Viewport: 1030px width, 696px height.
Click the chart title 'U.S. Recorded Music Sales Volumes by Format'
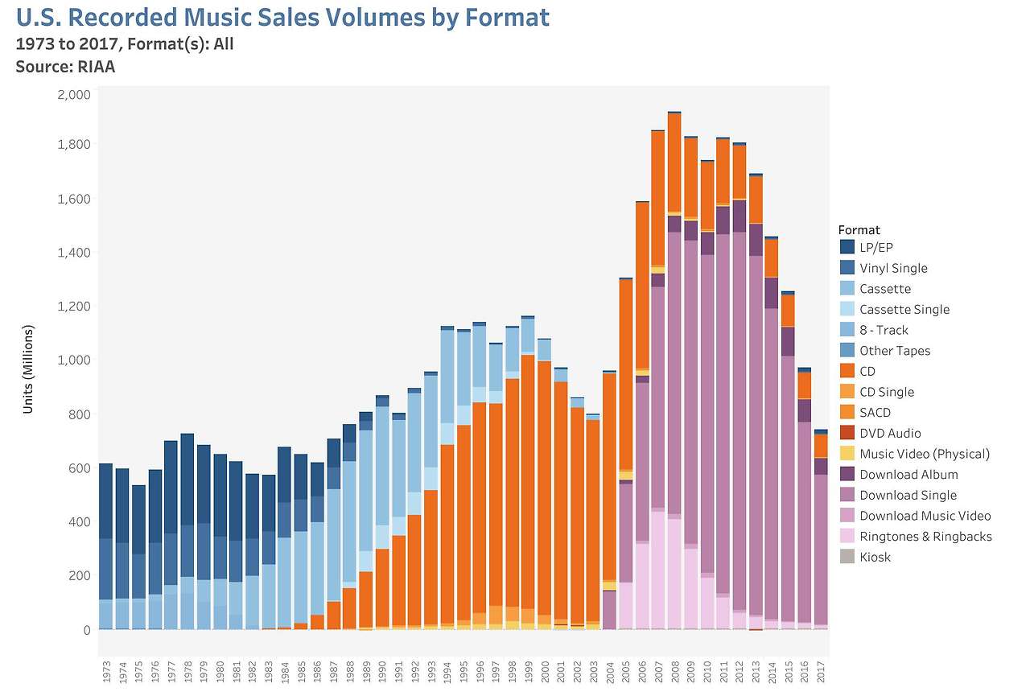tap(282, 18)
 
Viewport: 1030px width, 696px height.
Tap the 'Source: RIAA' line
tap(65, 67)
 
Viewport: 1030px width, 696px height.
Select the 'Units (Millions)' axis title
tap(28, 369)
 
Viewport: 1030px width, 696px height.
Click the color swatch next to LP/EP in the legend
tap(847, 248)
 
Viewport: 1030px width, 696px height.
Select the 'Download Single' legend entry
tap(908, 496)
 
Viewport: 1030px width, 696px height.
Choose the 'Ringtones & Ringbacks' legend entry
tap(925, 537)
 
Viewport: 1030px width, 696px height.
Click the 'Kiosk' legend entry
tap(875, 557)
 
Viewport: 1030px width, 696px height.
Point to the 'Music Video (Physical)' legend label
tap(925, 454)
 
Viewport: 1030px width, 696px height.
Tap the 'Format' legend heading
tap(859, 229)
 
